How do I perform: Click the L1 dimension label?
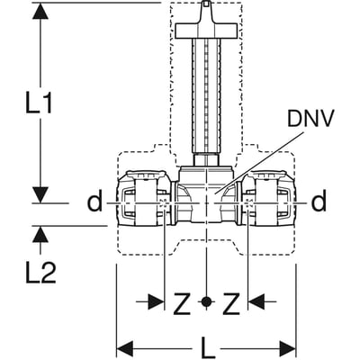pyautogui.click(x=39, y=103)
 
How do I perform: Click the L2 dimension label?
pyautogui.click(x=40, y=274)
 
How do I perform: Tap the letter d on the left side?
pyautogui.click(x=94, y=202)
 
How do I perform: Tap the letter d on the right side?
pyautogui.click(x=319, y=202)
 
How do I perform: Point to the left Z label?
pyautogui.click(x=182, y=303)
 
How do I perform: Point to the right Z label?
pyautogui.click(x=231, y=303)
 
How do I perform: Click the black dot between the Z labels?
pyautogui.click(x=206, y=301)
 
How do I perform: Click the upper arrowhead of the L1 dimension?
pyautogui.click(x=40, y=11)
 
